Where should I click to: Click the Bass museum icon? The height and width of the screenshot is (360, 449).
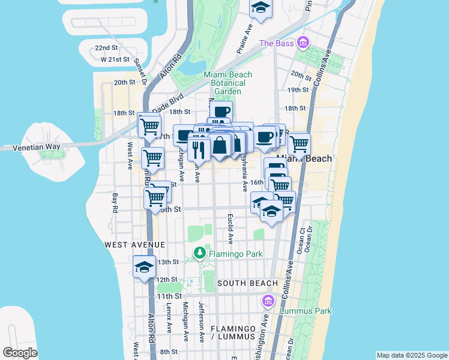point(303,43)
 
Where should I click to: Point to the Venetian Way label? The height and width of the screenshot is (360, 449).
point(23,146)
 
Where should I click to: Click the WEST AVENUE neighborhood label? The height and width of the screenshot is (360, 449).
point(134,245)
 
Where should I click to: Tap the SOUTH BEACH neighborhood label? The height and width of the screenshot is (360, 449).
point(247,283)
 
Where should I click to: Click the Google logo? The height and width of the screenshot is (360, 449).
point(20,353)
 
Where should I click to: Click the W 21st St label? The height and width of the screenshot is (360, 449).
point(115,59)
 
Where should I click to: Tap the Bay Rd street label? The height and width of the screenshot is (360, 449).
point(114,202)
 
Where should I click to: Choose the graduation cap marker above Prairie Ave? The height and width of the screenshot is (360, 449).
point(261,7)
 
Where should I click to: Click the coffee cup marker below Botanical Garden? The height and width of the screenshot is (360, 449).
point(220,111)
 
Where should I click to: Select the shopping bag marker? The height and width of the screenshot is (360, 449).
point(220,145)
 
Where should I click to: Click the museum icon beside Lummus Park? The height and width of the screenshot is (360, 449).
point(268,300)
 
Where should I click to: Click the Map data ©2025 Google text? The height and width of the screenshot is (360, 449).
point(411,355)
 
